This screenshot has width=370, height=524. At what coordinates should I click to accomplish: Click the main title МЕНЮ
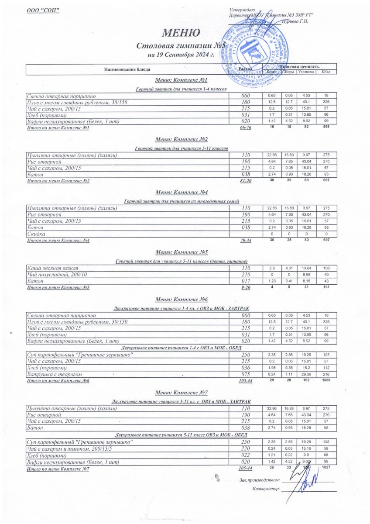[x=182, y=33]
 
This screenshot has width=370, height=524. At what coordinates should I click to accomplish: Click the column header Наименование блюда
[x=127, y=69]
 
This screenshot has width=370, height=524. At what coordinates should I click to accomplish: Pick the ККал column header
[x=326, y=72]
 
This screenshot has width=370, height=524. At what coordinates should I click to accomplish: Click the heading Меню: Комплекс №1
[x=181, y=81]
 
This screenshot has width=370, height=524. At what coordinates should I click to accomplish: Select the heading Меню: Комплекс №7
[x=181, y=393]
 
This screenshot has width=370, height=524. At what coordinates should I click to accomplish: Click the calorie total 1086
[x=326, y=381]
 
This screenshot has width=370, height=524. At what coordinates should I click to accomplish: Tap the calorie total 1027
[x=326, y=468]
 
